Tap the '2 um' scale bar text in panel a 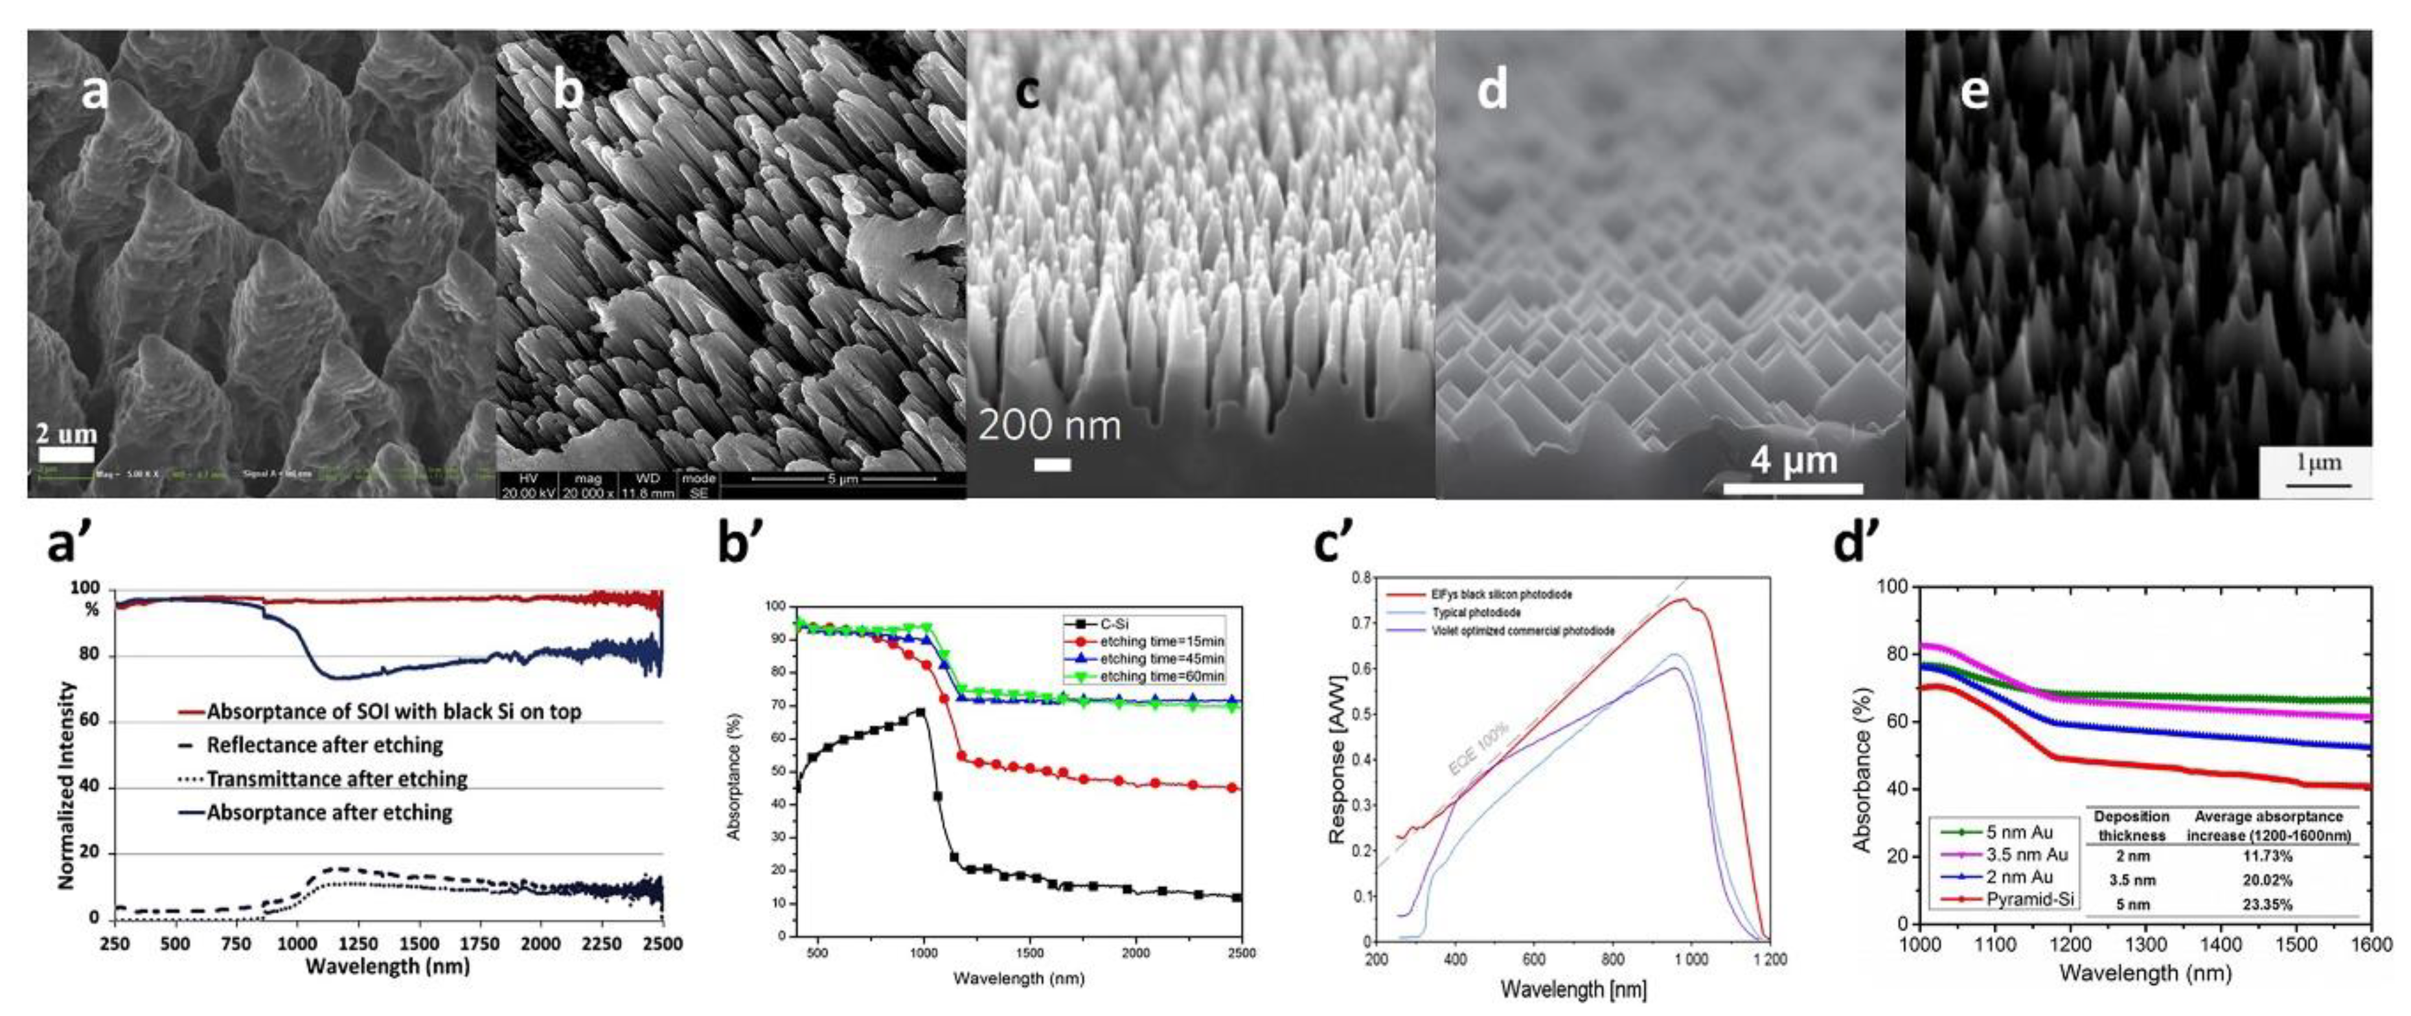65,433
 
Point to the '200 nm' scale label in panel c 1049,425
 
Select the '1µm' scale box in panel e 2316,471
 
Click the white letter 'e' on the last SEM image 1975,92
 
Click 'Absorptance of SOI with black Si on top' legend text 393,712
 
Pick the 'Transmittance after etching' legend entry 337,779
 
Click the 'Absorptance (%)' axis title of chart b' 735,776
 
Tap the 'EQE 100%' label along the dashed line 1479,749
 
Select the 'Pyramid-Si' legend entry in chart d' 2029,899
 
